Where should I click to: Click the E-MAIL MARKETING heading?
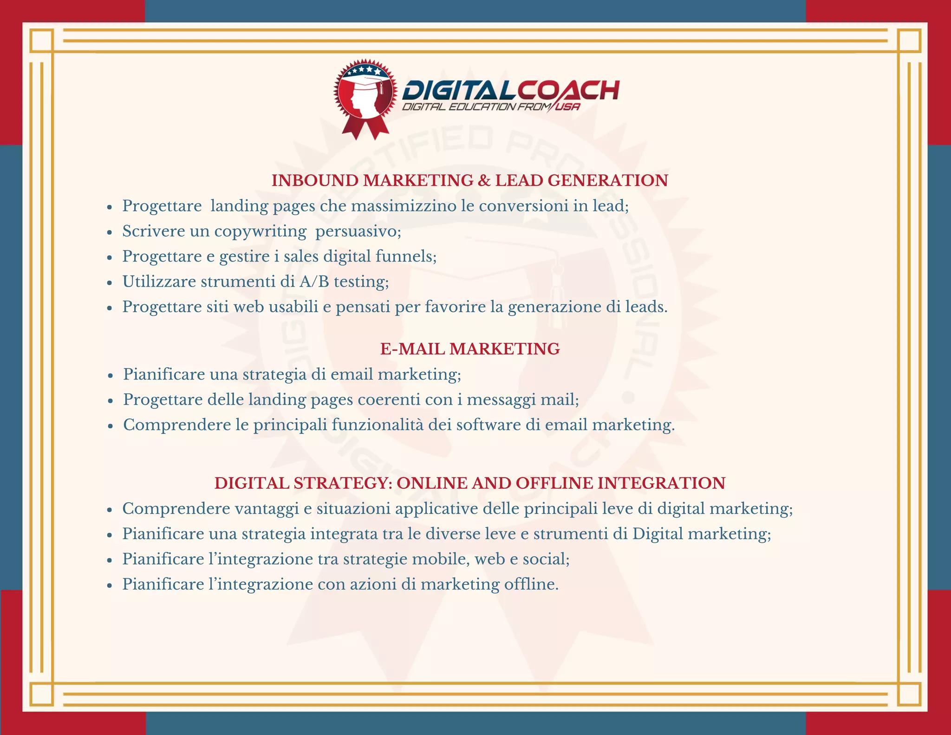tap(470, 349)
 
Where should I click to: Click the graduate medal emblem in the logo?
tap(365, 92)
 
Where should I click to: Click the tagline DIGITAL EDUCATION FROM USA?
tap(491, 107)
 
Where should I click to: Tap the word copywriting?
tap(260, 231)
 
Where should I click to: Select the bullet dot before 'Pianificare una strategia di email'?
tap(110, 375)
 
